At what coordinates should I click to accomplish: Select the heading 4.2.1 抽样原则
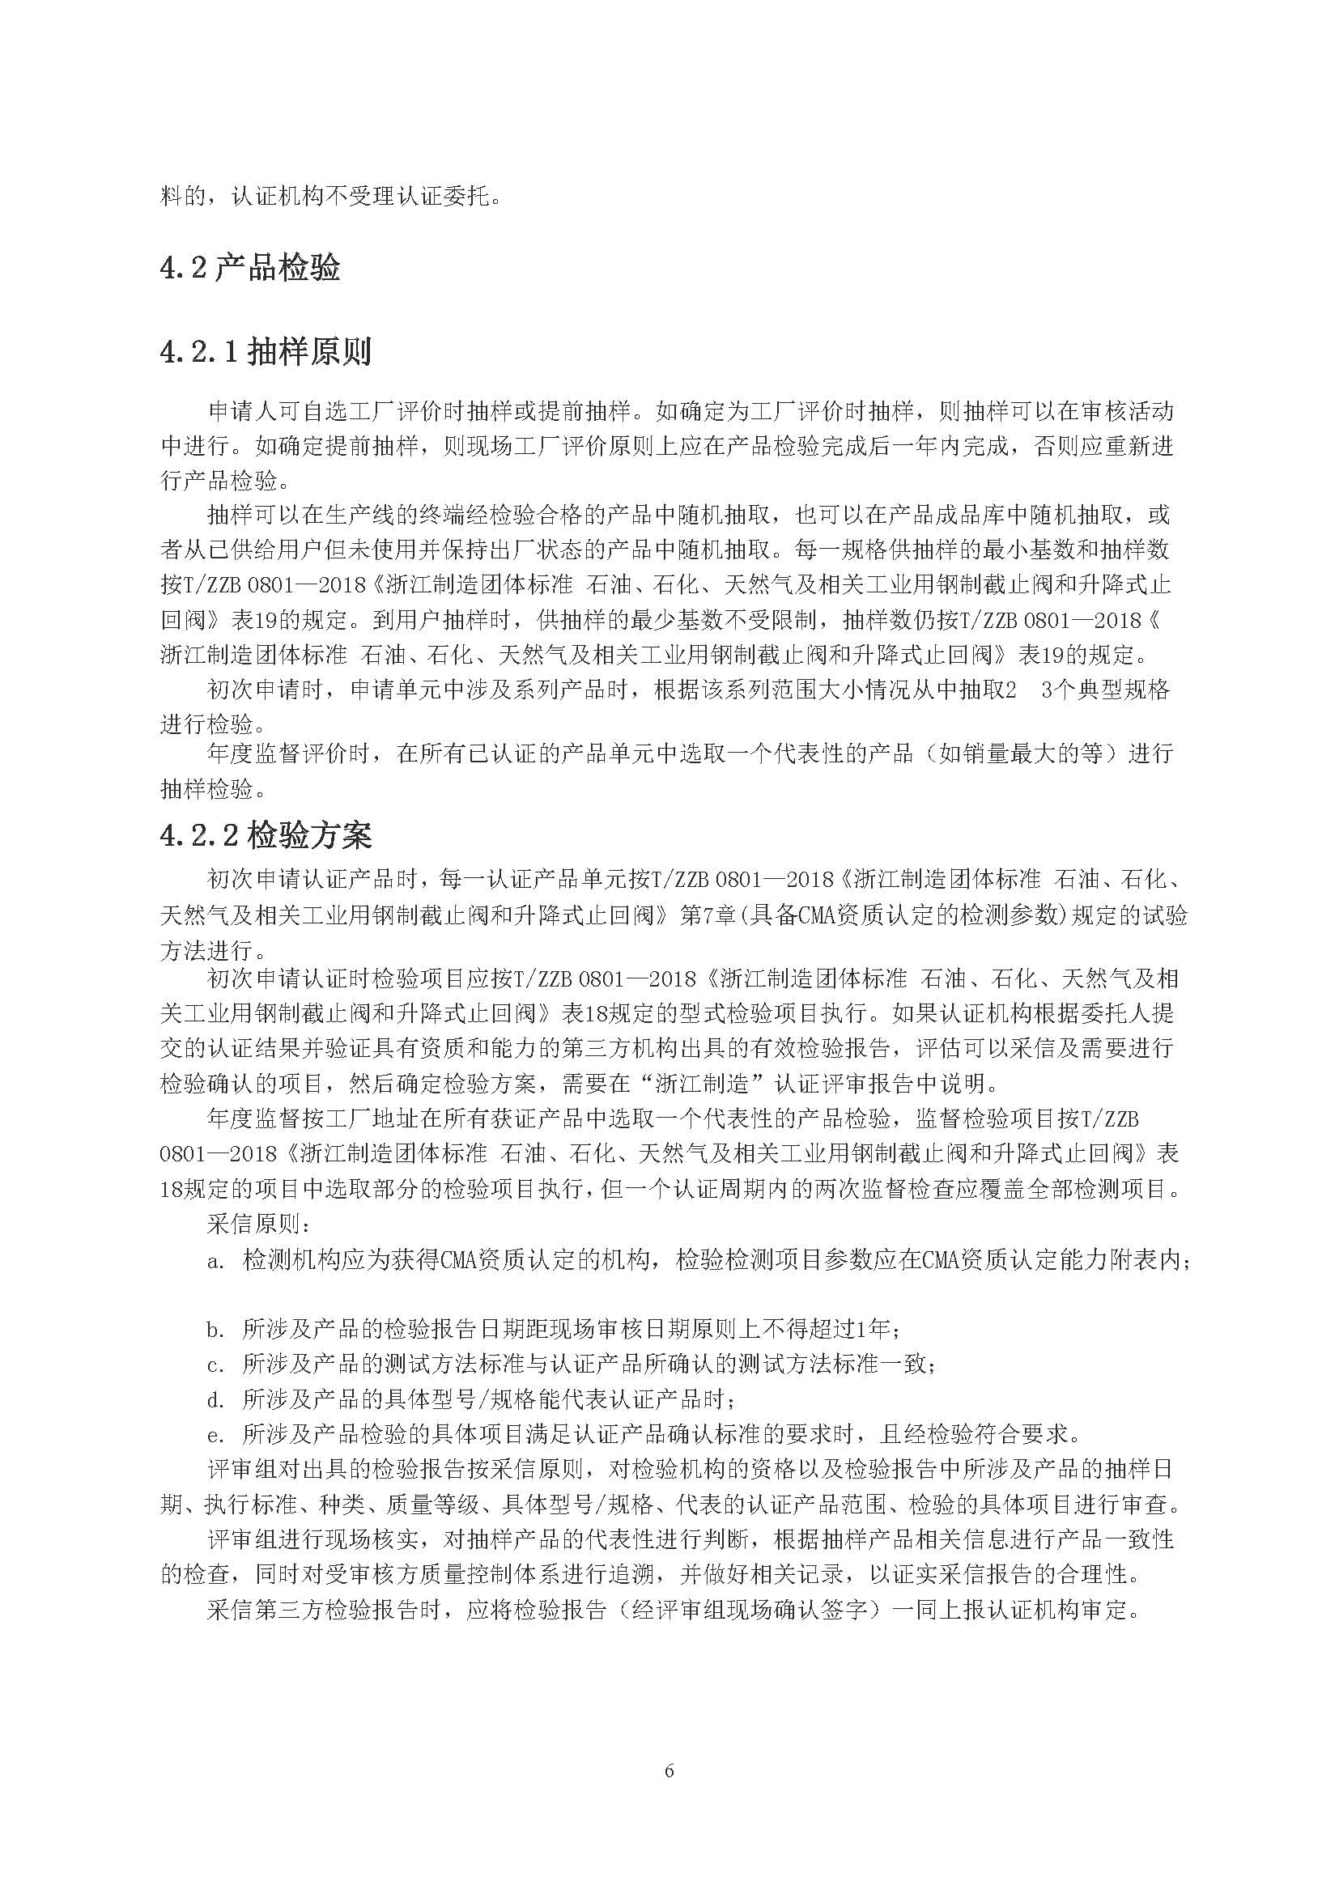(x=266, y=352)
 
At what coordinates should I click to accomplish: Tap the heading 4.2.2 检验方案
(x=266, y=836)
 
